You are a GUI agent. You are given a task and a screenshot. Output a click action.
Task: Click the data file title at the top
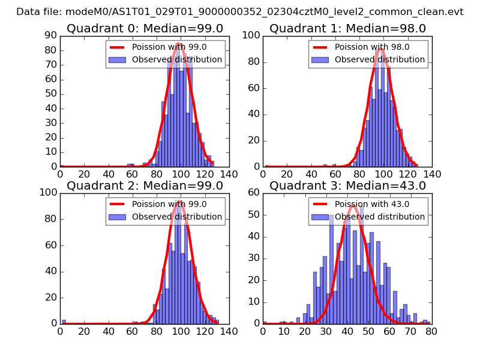click(240, 11)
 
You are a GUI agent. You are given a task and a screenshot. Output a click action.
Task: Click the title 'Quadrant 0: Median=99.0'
click(145, 28)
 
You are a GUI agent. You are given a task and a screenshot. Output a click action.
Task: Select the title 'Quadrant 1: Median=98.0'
click(347, 28)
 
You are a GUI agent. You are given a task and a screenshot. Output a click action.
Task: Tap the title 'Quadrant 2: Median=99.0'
click(145, 185)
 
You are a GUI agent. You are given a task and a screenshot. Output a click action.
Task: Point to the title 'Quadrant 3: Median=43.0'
click(347, 185)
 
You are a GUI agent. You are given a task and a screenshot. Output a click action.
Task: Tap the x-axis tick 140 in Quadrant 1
click(432, 174)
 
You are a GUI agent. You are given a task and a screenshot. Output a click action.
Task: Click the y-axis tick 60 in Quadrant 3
click(253, 193)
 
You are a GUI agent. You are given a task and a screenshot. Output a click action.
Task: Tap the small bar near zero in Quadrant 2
click(64, 322)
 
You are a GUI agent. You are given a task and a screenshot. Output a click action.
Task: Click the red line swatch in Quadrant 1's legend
click(320, 47)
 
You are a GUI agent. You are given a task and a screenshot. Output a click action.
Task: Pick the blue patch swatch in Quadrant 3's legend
click(320, 217)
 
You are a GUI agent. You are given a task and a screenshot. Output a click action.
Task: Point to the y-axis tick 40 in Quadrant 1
click(253, 114)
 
